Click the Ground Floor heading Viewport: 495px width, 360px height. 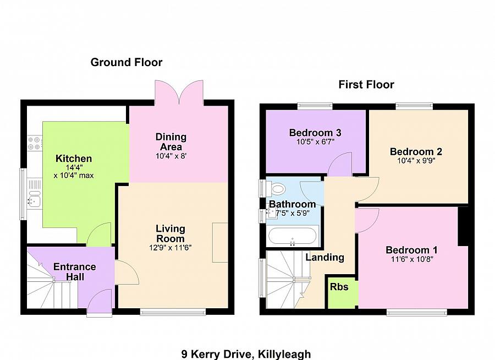[x=127, y=62]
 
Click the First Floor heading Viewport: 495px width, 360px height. [x=366, y=85]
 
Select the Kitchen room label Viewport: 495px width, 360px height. [x=74, y=159]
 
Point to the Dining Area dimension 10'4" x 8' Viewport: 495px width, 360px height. [x=172, y=156]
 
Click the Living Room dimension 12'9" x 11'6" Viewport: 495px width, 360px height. [x=170, y=248]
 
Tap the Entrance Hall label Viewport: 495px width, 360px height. [x=74, y=271]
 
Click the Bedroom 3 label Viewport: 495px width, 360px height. [x=315, y=133]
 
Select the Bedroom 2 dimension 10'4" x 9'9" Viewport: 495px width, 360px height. [x=416, y=161]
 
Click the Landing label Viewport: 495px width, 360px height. [x=325, y=257]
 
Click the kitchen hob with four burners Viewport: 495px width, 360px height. [x=34, y=143]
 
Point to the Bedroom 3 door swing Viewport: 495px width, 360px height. [x=342, y=162]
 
